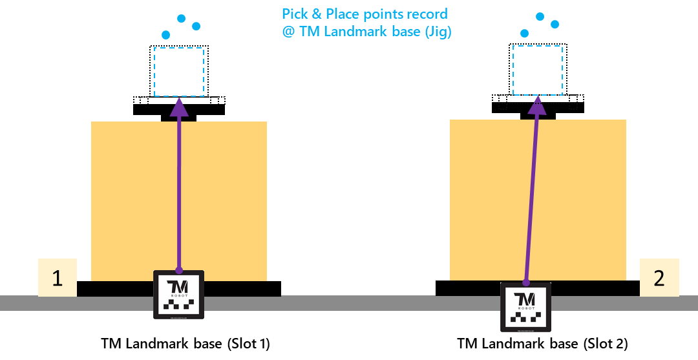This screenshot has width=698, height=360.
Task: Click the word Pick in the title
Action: [295, 14]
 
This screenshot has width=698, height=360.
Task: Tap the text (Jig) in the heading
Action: [437, 32]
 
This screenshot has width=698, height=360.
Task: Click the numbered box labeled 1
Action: [58, 278]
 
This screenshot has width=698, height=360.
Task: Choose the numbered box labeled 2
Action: [659, 278]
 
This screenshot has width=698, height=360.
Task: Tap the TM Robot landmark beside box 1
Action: [178, 295]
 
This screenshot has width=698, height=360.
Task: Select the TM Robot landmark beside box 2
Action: [525, 307]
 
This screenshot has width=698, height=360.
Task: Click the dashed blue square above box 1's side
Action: [179, 72]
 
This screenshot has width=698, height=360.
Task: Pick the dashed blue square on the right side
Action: [538, 70]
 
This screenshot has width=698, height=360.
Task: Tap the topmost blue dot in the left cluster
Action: [182, 18]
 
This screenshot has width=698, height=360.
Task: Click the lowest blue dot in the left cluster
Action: [166, 35]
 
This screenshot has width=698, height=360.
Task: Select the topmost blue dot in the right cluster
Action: [540, 16]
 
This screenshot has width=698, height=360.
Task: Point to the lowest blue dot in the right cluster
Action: [525, 33]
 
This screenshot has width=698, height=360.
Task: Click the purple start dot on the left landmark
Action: [178, 270]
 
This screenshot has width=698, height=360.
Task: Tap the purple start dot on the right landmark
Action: [526, 282]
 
